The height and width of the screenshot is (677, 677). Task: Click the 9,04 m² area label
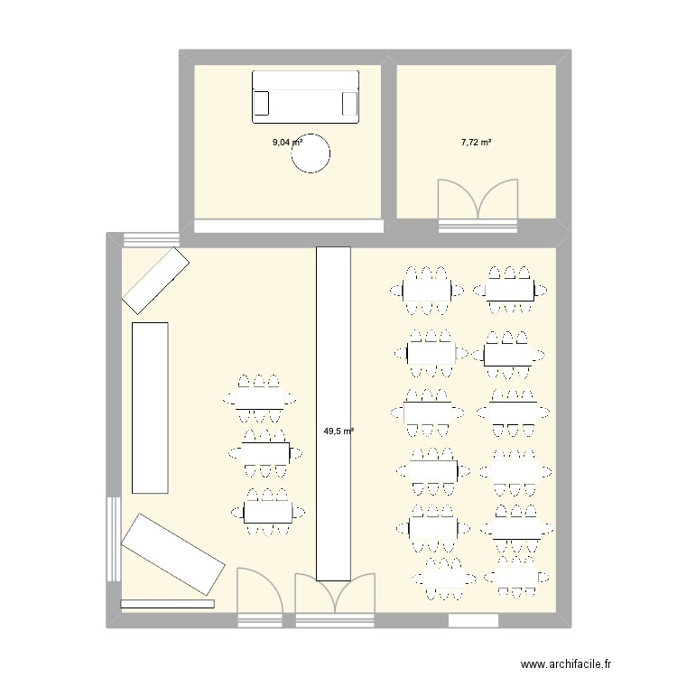tap(287, 142)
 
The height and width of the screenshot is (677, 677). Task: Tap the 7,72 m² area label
tap(476, 142)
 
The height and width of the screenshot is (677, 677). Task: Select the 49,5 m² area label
tap(338, 431)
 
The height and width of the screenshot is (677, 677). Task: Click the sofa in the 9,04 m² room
tap(305, 96)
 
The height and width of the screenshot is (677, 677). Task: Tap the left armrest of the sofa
tap(262, 105)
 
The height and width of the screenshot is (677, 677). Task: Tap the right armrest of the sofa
tap(348, 105)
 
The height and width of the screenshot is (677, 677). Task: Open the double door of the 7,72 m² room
tap(478, 203)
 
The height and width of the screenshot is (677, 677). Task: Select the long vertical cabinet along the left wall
tap(150, 407)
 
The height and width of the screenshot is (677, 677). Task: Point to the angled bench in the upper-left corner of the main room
tap(155, 279)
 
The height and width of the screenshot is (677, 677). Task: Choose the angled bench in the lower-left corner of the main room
tap(172, 554)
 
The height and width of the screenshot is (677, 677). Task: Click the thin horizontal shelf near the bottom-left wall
tap(167, 603)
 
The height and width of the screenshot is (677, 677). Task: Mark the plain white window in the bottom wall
tap(473, 620)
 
